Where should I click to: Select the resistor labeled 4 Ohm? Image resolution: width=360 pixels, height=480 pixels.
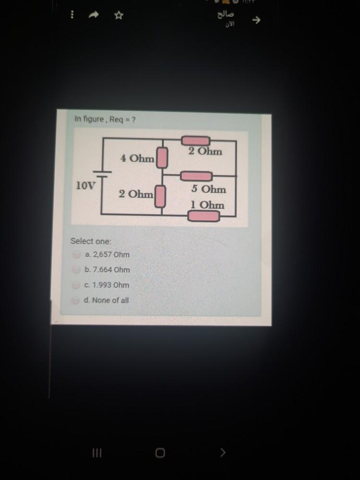[163, 157]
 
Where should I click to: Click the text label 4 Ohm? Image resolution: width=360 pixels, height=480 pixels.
[137, 158]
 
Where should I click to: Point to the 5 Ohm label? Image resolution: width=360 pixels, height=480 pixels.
[208, 189]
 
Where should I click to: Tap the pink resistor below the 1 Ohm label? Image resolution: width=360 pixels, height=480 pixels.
[204, 216]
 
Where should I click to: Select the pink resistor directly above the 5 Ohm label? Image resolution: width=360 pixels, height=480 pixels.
[195, 176]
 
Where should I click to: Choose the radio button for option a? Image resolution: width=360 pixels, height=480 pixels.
[75, 254]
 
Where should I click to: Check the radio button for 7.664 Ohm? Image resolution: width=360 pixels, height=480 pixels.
[75, 270]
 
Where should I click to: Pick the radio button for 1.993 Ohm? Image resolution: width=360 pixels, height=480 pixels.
[75, 285]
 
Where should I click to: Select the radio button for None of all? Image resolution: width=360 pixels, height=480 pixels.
[75, 300]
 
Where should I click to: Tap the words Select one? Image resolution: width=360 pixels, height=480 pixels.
[91, 241]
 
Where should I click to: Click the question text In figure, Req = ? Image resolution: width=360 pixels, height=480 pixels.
[105, 119]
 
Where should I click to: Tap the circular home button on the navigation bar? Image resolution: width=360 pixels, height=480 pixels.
[160, 453]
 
